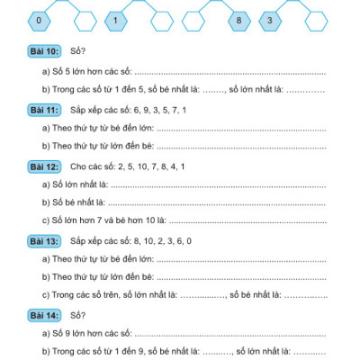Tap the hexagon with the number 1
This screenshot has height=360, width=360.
[119, 19]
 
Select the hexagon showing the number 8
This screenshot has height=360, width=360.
[238, 19]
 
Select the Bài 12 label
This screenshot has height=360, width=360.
[44, 166]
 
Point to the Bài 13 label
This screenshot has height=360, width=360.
[44, 240]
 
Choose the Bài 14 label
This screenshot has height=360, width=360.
[44, 315]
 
